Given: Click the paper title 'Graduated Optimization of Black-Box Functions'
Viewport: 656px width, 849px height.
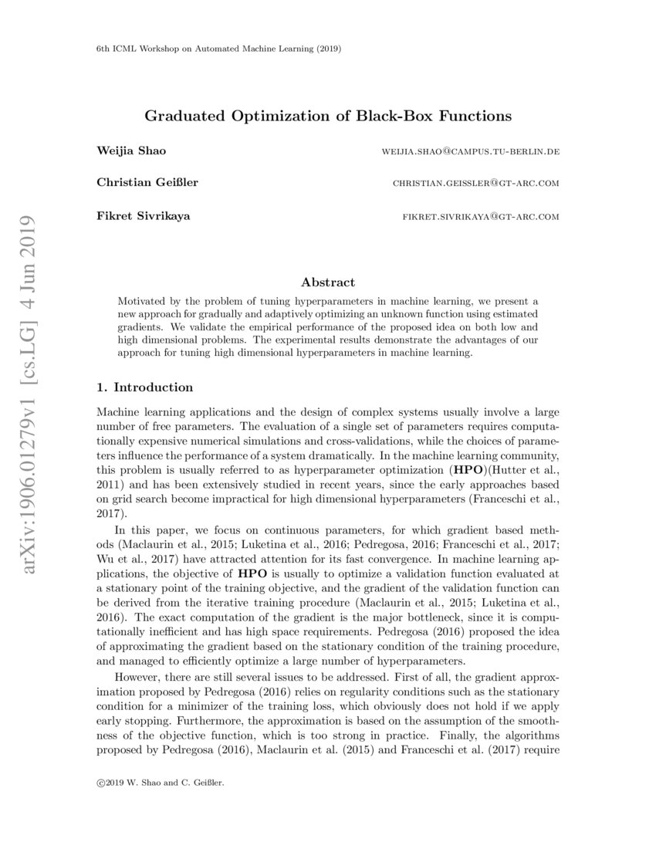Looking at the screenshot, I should [328, 117].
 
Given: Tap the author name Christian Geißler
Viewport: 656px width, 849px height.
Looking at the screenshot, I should [147, 183].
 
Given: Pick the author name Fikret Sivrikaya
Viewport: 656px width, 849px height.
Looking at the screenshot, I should [143, 216].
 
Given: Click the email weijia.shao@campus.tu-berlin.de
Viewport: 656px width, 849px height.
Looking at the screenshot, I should [470, 151].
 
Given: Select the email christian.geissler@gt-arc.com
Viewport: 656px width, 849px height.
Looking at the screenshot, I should [475, 184].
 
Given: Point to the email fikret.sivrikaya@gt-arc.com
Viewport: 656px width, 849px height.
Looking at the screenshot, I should [481, 217].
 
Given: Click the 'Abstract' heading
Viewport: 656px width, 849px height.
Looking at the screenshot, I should [328, 282].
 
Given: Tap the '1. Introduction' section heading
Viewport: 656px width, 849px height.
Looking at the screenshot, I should [144, 387].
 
